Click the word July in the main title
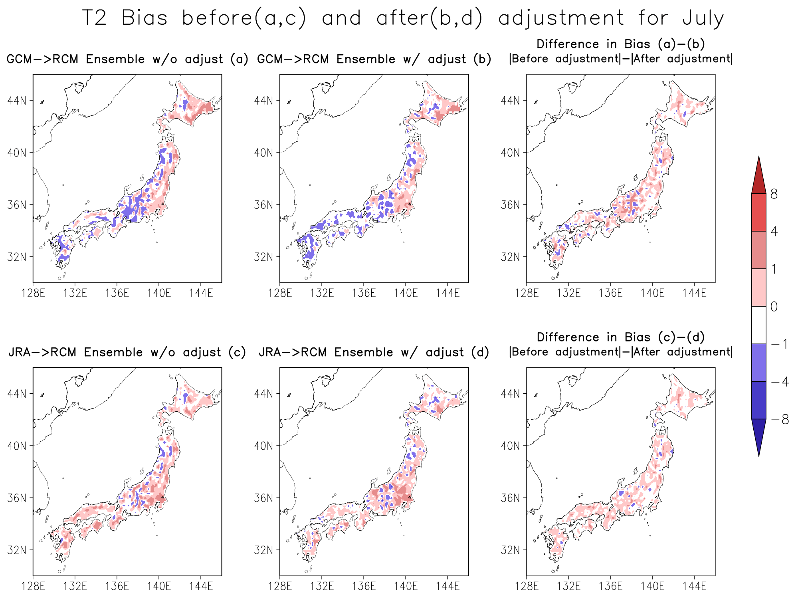click(703, 18)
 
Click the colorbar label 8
click(774, 194)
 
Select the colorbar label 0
click(774, 307)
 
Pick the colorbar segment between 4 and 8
click(758, 212)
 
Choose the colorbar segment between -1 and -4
click(758, 363)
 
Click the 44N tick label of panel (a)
click(17, 100)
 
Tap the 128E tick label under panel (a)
click(33, 293)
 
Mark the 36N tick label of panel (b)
click(263, 205)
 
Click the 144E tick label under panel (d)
click(448, 586)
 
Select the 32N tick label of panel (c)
click(17, 550)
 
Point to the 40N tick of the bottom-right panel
click(510, 445)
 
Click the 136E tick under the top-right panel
click(610, 293)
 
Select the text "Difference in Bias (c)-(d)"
click(621, 337)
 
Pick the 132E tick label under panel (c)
click(75, 586)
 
